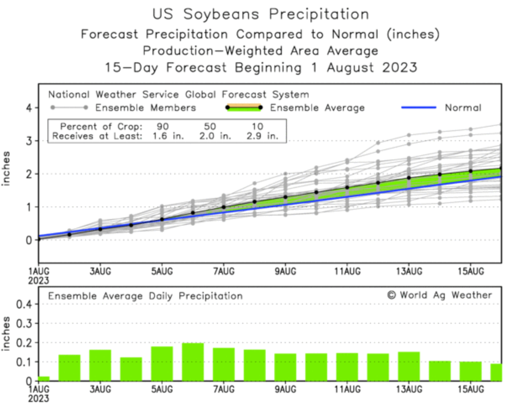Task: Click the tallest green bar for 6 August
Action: [x=193, y=362]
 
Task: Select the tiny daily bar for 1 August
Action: [x=44, y=379]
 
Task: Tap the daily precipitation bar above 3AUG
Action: [x=100, y=365]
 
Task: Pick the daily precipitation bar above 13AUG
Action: [x=409, y=366]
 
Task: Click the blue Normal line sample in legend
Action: [x=419, y=107]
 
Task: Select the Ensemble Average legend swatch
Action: [x=244, y=107]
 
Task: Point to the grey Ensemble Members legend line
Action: [x=69, y=107]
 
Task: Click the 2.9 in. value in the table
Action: [x=262, y=136]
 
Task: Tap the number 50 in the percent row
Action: [x=210, y=126]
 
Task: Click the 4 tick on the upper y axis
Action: [x=29, y=108]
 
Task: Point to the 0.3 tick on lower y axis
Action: [x=24, y=323]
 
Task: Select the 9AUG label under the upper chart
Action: [x=285, y=271]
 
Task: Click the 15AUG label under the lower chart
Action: [x=471, y=389]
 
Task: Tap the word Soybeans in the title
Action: [x=221, y=14]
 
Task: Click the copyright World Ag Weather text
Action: [x=439, y=295]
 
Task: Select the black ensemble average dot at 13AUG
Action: [x=409, y=178]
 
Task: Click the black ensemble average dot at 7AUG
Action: [x=224, y=207]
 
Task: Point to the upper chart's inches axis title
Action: [x=6, y=168]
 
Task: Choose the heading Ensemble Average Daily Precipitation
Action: [x=145, y=296]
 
